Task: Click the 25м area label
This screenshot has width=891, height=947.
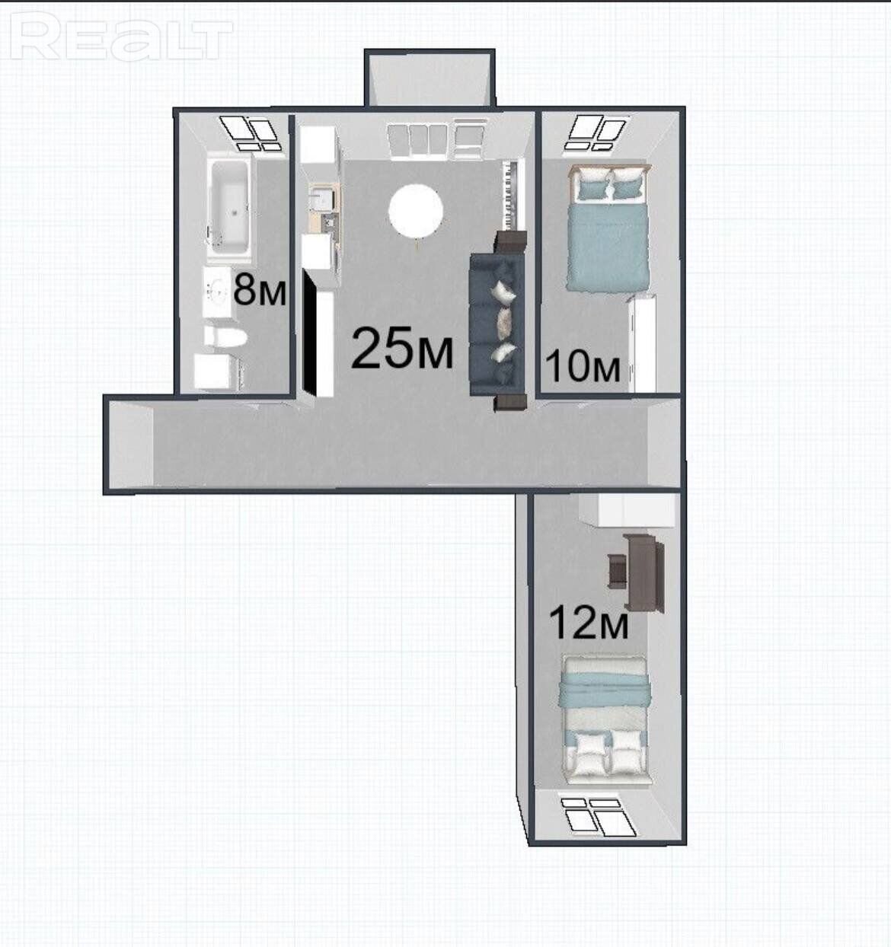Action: [402, 349]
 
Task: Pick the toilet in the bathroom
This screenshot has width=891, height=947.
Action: [225, 336]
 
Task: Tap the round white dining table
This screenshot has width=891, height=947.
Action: [416, 210]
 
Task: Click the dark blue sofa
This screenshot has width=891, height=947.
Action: [498, 324]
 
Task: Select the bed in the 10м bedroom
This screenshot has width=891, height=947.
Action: [608, 228]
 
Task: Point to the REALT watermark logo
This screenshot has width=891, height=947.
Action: [122, 36]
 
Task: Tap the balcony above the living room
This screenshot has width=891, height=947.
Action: [430, 78]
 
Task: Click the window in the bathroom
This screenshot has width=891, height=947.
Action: [249, 133]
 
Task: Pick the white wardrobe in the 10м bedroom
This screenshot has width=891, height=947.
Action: [642, 343]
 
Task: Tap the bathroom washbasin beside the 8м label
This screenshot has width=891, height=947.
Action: [217, 292]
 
